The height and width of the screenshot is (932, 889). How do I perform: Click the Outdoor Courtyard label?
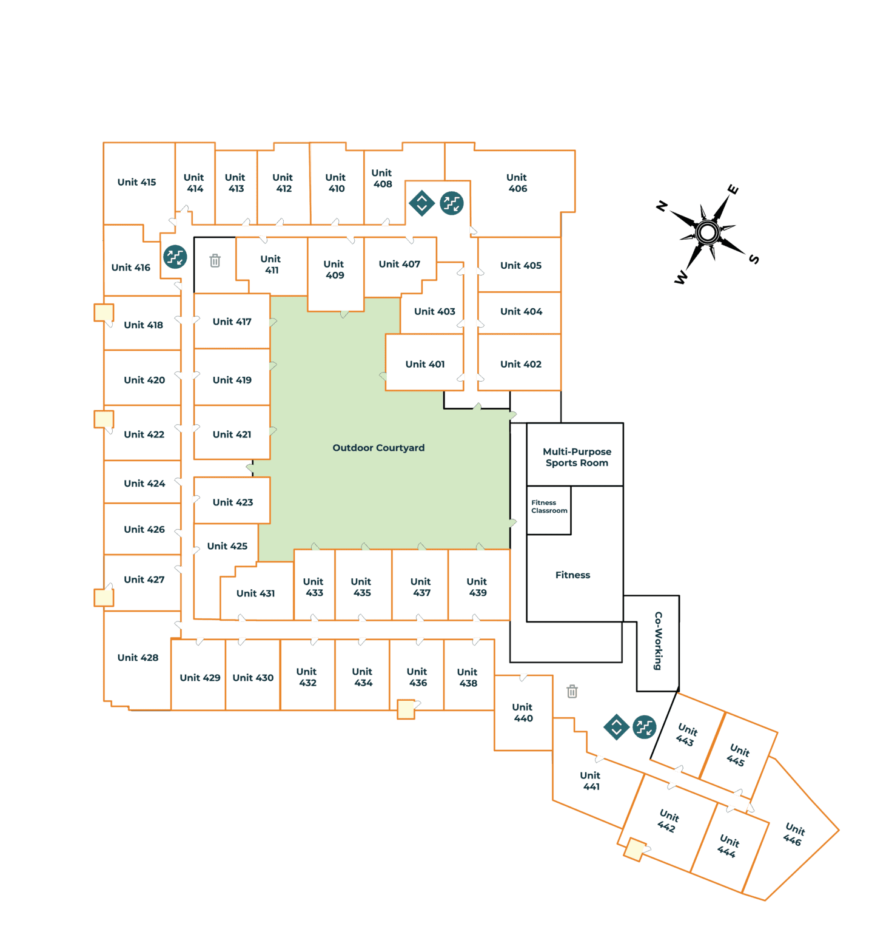point(378,448)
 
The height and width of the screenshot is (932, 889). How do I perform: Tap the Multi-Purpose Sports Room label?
point(577,457)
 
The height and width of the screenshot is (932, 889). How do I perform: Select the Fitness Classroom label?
point(549,507)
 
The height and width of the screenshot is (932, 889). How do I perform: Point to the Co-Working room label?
point(658,641)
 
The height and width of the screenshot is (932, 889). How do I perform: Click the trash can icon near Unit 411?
point(215,261)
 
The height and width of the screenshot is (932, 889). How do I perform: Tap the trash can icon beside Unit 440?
point(572,691)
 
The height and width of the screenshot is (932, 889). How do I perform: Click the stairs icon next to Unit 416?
point(175,257)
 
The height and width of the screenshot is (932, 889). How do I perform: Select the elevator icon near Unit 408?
point(422,203)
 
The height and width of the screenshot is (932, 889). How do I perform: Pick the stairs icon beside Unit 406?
point(452,203)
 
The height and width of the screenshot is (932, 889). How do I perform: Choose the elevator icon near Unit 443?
point(617,727)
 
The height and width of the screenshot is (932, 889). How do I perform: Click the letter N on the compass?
point(662,206)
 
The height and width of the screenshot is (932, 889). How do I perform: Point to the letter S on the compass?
point(754,259)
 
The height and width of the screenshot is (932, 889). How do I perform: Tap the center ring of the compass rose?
point(708,232)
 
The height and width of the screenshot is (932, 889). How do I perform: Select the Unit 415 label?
point(136,182)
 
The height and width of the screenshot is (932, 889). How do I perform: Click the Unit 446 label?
point(794,834)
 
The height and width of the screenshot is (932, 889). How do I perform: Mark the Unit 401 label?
point(425,364)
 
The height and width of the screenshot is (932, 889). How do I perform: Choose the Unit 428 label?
point(138,658)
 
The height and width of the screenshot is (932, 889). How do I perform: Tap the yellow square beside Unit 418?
point(104,312)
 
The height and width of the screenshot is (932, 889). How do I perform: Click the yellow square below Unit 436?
point(406,709)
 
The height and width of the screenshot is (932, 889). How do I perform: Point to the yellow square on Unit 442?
point(635,849)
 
